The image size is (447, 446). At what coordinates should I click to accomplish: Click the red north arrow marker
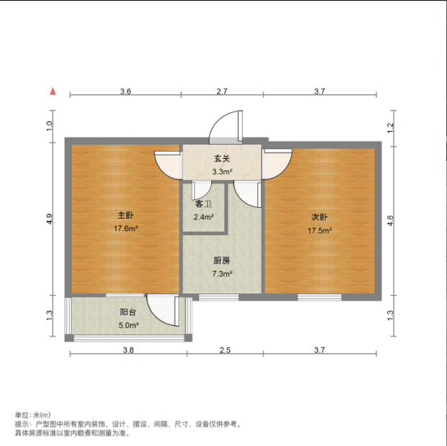(52, 91)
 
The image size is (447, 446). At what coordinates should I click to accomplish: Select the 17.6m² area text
(126, 229)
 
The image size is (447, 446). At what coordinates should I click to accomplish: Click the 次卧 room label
(320, 217)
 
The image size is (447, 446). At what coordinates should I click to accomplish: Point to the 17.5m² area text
(320, 230)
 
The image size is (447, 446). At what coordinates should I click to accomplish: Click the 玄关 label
(221, 159)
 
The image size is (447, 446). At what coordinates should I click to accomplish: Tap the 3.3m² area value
(221, 172)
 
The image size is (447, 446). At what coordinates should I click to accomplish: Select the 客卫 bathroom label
(203, 204)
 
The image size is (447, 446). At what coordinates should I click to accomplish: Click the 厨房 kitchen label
(221, 260)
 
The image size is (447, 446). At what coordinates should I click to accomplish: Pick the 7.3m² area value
(221, 274)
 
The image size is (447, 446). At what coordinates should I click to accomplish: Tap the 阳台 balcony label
(129, 312)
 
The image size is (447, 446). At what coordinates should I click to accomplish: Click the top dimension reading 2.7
(221, 91)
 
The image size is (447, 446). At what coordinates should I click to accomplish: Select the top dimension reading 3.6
(125, 91)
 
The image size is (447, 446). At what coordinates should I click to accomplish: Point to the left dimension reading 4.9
(50, 219)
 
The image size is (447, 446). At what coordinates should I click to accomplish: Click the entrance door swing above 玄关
(229, 127)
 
